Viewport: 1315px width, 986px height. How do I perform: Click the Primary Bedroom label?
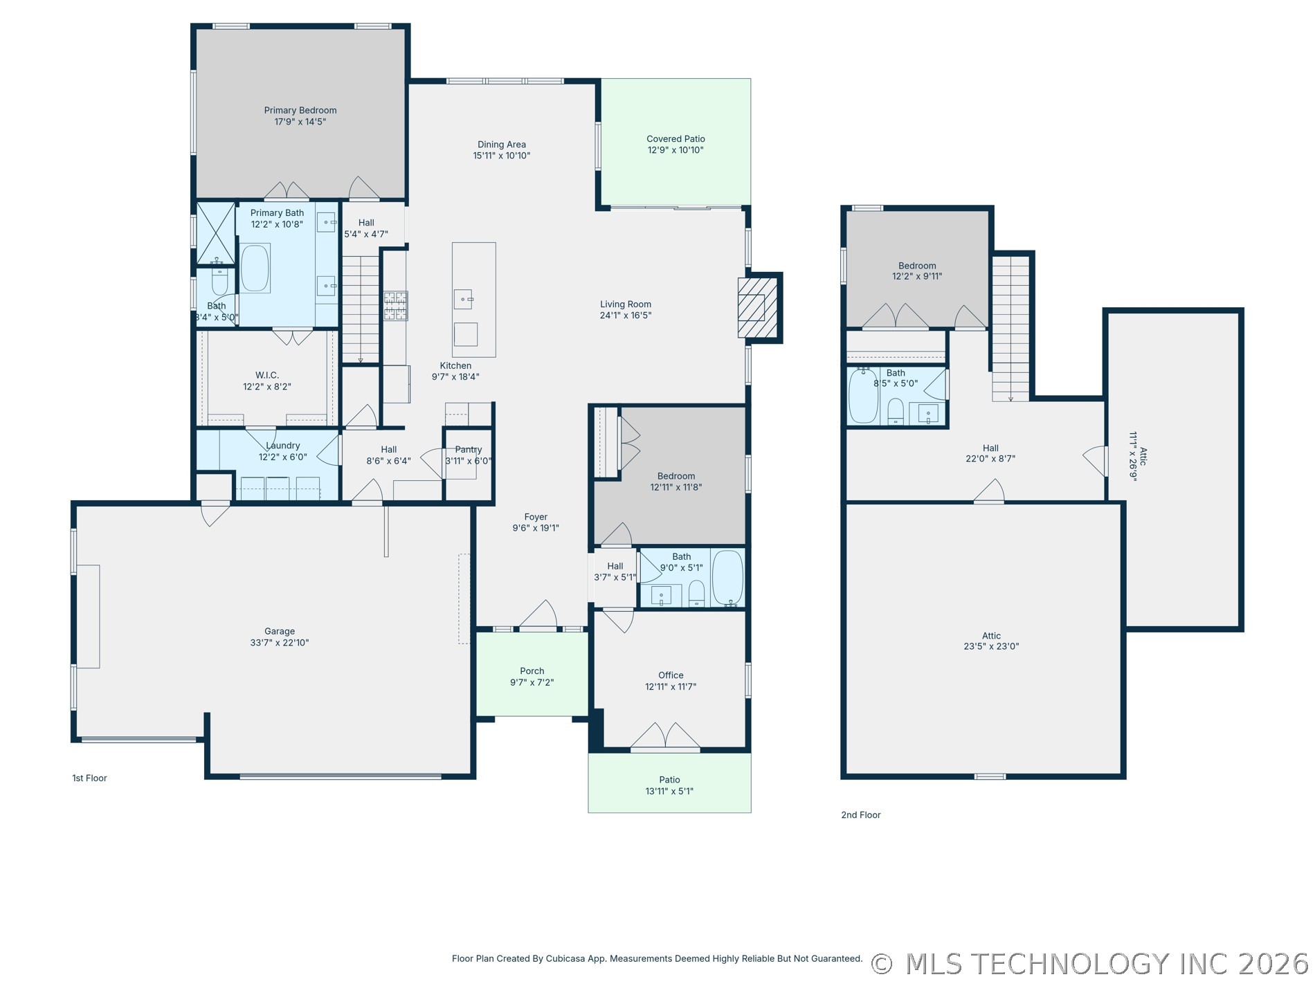tap(300, 110)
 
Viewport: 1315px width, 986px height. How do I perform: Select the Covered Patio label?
tap(675, 139)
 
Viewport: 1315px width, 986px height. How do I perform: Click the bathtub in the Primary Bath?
tap(255, 268)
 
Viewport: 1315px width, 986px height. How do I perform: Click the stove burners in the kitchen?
tap(396, 306)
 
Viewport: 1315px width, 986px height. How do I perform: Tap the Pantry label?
tap(469, 450)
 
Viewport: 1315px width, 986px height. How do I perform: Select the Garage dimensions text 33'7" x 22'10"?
tap(280, 643)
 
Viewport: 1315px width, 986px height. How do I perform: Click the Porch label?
tap(532, 671)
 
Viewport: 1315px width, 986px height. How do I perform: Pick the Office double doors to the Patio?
tap(666, 736)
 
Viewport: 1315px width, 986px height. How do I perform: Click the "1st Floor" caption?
tap(90, 778)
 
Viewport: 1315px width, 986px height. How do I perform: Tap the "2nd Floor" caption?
tap(861, 815)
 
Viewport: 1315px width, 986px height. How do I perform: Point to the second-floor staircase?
tap(1010, 328)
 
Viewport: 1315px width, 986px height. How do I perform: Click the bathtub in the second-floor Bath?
tap(863, 396)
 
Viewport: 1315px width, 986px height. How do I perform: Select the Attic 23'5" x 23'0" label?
tap(991, 641)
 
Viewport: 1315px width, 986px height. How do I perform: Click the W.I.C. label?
tap(267, 376)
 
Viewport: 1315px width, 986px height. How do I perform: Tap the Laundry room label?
tap(283, 446)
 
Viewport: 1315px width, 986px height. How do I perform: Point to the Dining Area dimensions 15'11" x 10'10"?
tap(502, 156)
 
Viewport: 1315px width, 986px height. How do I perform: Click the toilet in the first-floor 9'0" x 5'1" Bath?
tap(697, 593)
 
